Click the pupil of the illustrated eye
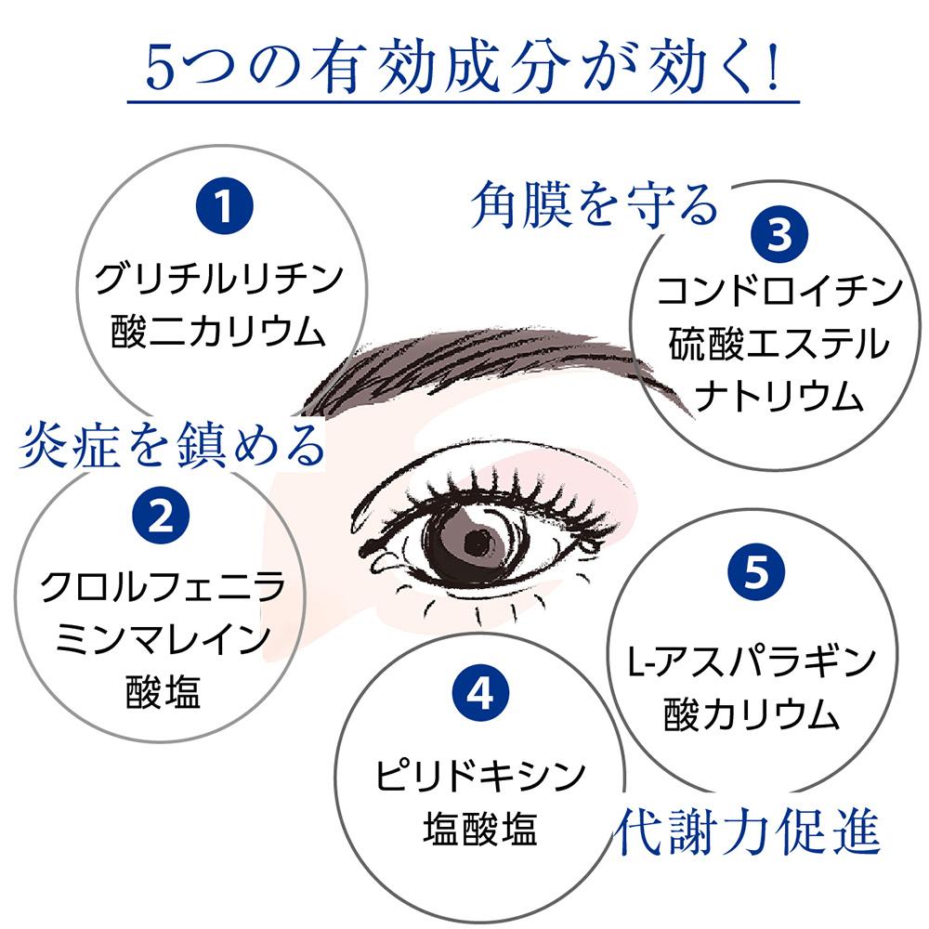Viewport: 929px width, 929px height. click(x=482, y=540)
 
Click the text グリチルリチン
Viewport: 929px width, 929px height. click(x=220, y=278)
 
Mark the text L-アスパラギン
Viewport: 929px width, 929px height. click(x=748, y=663)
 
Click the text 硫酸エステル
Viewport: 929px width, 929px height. click(x=779, y=345)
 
